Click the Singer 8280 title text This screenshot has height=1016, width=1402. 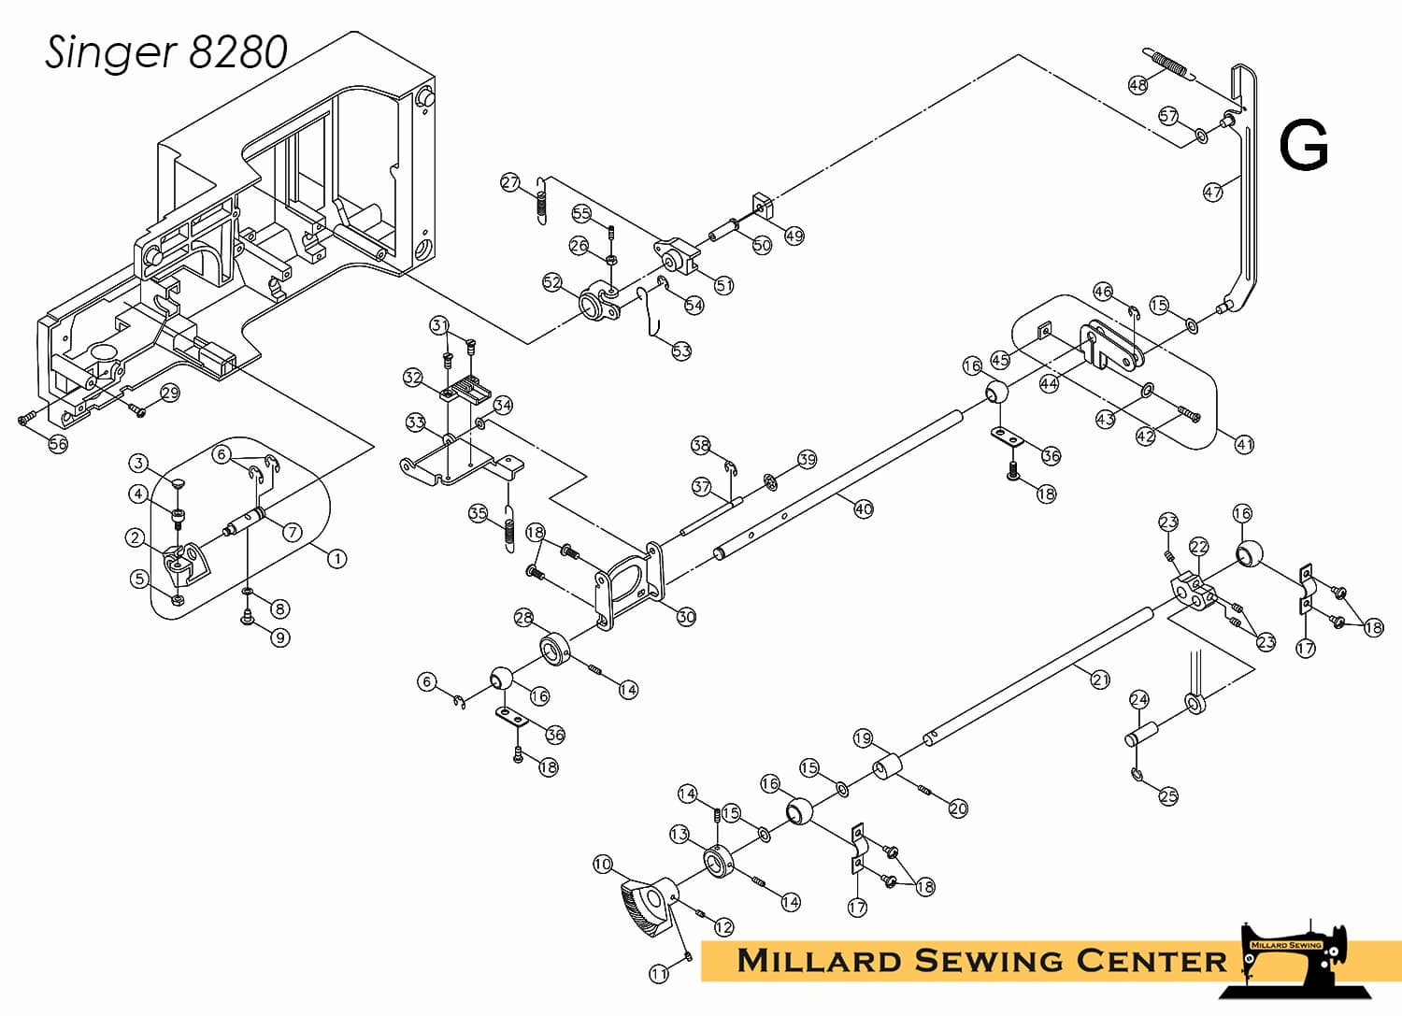165,52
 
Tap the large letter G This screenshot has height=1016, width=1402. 1303,146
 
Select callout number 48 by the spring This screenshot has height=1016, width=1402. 1137,84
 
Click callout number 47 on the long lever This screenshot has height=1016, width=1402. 1213,191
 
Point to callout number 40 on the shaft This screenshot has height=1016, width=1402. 864,509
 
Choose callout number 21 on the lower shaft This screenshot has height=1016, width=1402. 1100,680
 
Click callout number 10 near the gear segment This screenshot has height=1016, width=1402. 602,865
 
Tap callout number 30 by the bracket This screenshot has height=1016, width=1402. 686,617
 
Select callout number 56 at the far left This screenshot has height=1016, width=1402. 58,444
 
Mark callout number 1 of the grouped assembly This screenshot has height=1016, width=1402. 336,558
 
